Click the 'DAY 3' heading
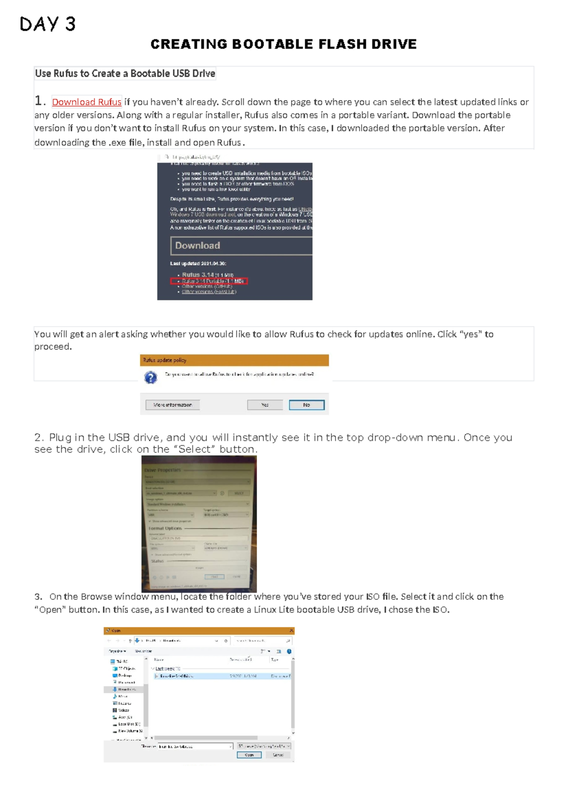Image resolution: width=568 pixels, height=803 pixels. (47, 24)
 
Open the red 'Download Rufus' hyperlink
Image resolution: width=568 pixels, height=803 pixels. (87, 102)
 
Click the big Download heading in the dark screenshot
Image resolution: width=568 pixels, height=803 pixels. (197, 246)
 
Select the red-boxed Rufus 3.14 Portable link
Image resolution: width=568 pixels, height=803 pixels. (209, 281)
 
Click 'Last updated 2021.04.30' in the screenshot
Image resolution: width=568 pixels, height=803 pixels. (198, 264)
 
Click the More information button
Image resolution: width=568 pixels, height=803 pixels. (172, 405)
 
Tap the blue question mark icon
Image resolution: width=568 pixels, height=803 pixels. (151, 378)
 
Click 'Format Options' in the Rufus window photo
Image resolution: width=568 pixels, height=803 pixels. (165, 528)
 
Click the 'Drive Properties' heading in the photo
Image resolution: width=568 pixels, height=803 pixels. (162, 471)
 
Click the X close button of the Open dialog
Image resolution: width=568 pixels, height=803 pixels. (291, 631)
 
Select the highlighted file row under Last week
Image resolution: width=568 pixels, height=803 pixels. (199, 676)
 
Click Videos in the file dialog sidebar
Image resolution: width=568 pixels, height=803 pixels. (124, 710)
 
